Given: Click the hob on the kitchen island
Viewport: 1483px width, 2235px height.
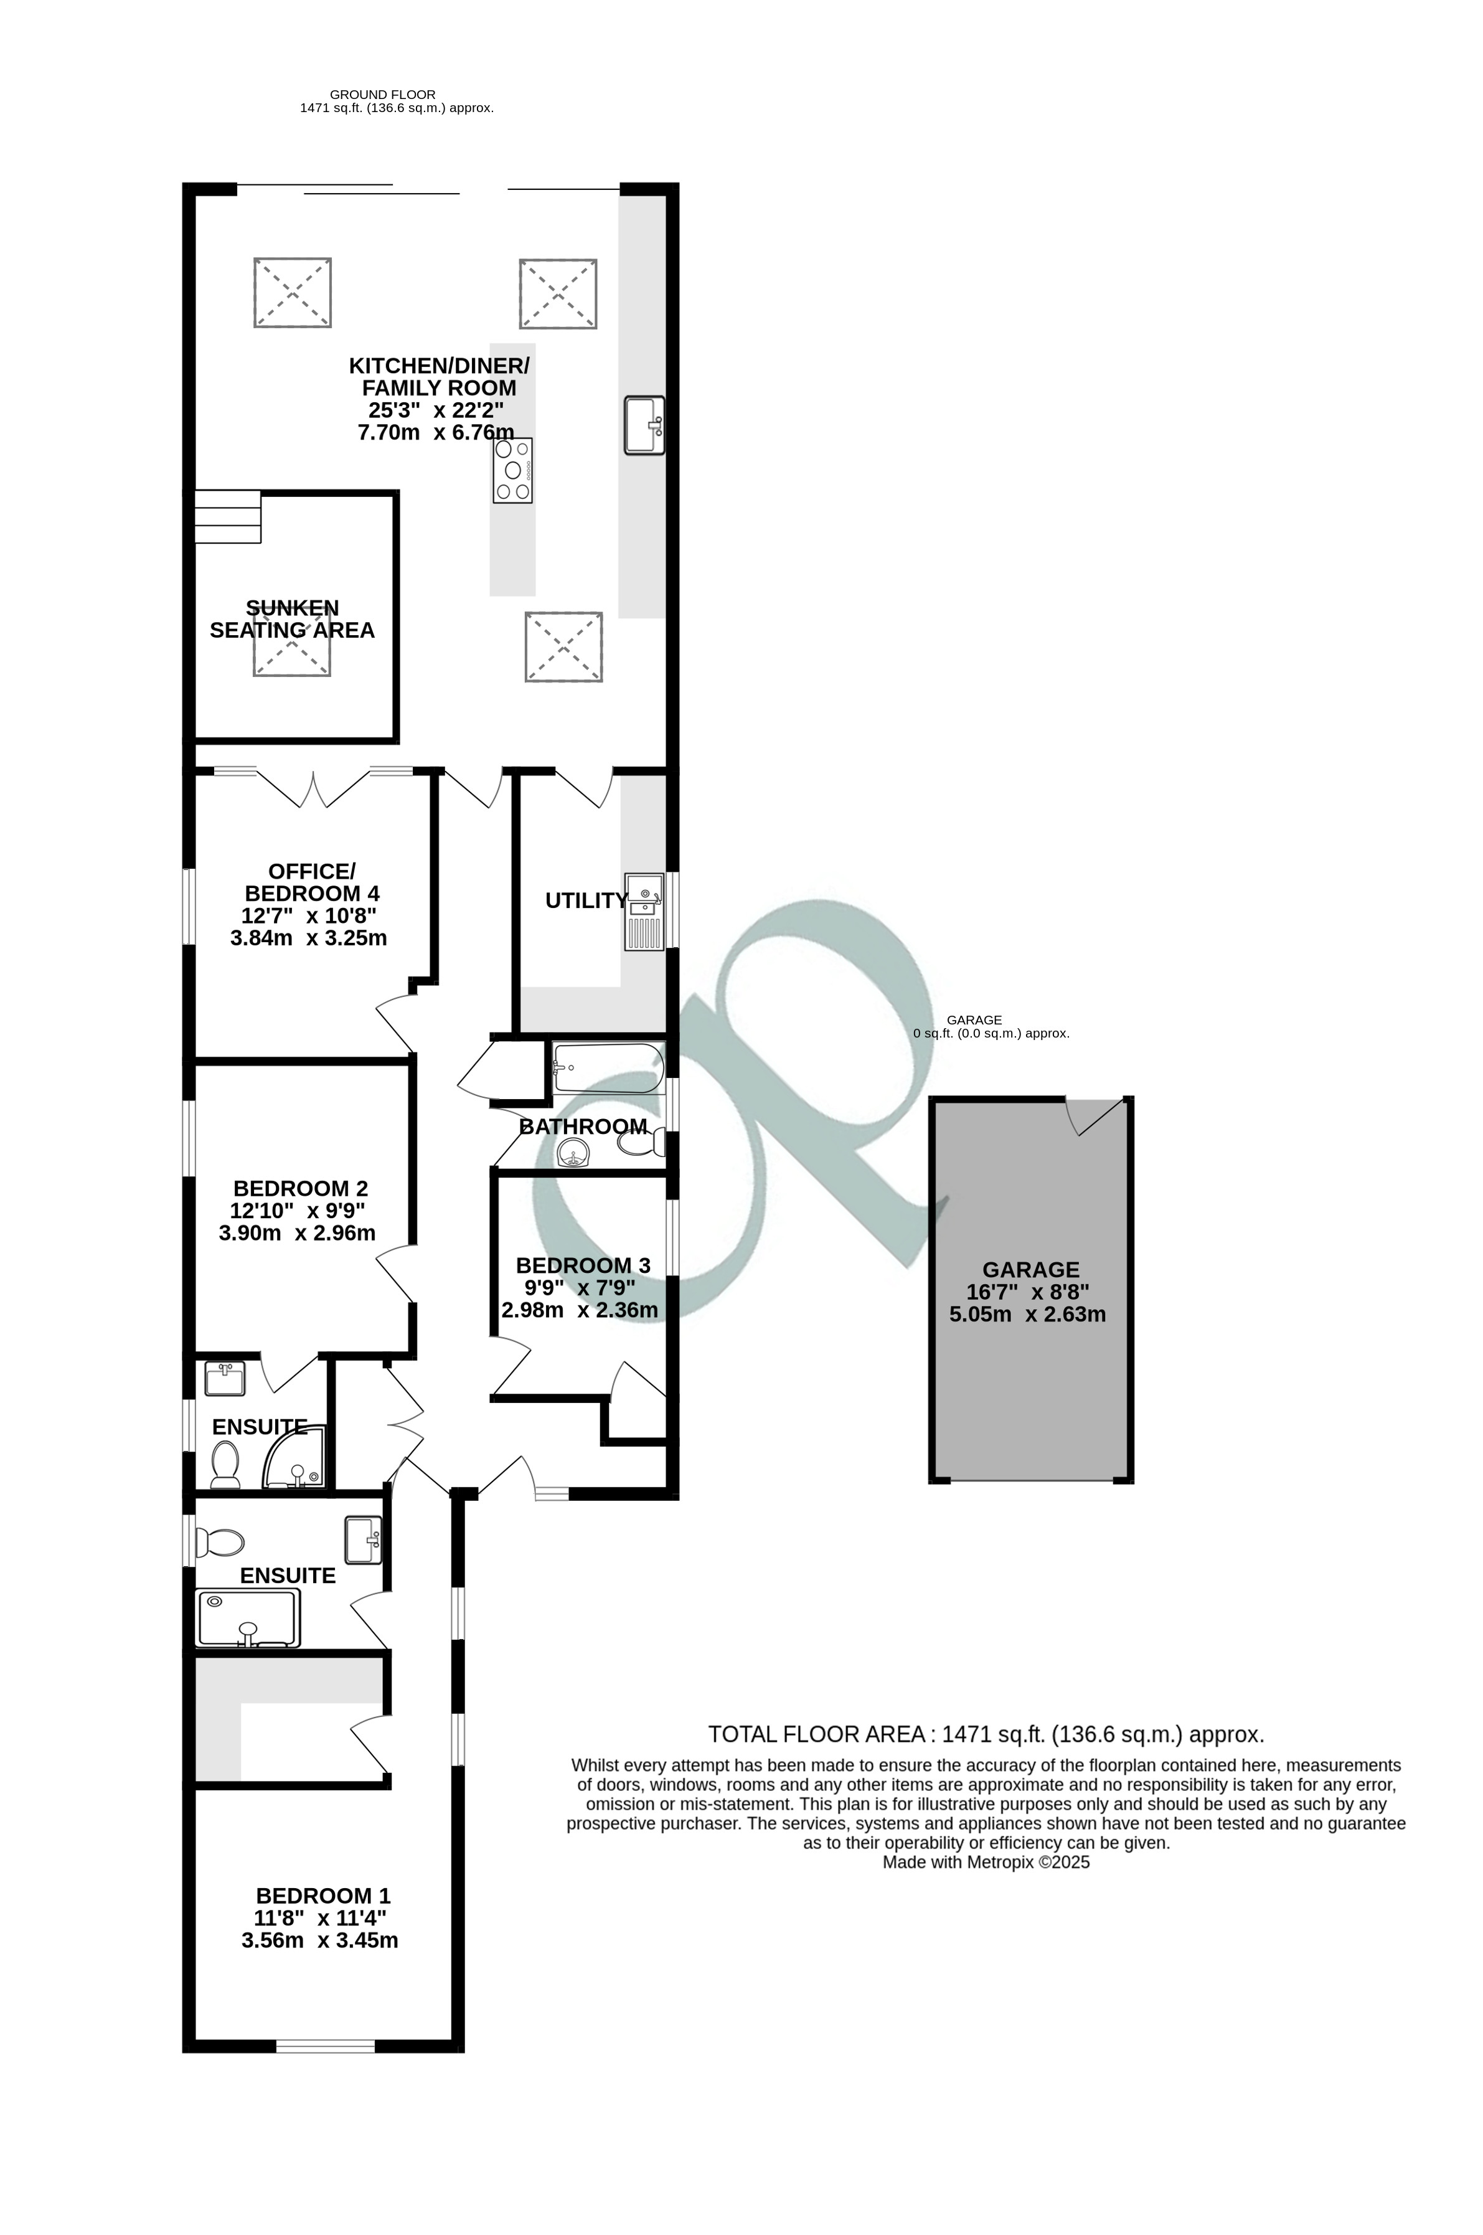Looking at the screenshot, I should coord(512,470).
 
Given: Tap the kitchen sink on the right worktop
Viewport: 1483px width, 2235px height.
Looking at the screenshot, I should coord(644,425).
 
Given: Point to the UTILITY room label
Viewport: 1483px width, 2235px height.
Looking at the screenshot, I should coord(585,901).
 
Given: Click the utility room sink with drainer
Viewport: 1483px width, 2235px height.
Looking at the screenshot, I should coord(644,912).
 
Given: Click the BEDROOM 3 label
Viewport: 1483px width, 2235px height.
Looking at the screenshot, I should coord(583,1265).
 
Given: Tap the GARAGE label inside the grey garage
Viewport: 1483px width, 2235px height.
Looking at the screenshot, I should coord(1030,1270).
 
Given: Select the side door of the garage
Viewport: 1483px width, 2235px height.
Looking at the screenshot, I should coord(1097,1116).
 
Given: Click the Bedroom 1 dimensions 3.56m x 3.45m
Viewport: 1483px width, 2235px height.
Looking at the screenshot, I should coord(319,1941).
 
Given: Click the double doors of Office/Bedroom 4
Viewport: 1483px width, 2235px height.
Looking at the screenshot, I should coord(314,790).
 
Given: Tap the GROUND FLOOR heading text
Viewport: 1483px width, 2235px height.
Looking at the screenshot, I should coord(382,95).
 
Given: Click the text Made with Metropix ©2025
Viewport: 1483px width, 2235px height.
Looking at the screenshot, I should coord(986,1863).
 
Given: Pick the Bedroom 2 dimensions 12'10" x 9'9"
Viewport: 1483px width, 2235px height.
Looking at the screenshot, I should coord(297,1211).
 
